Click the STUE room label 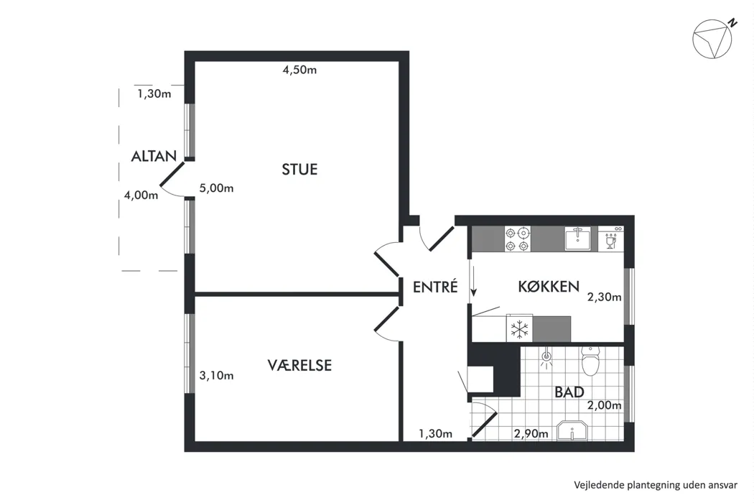(299, 170)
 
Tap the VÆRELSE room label (299, 365)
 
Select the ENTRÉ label (435, 287)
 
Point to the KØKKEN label (549, 287)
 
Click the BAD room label (569, 392)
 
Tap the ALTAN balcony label (154, 156)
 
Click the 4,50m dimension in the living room (299, 70)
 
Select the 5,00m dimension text (216, 188)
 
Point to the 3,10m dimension (216, 375)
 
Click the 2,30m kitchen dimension (605, 297)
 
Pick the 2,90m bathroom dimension (531, 434)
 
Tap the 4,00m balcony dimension (141, 195)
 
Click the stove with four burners (518, 239)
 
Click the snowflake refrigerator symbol (519, 329)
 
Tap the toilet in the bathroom (590, 361)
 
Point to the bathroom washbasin (572, 431)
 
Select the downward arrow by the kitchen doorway (474, 281)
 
